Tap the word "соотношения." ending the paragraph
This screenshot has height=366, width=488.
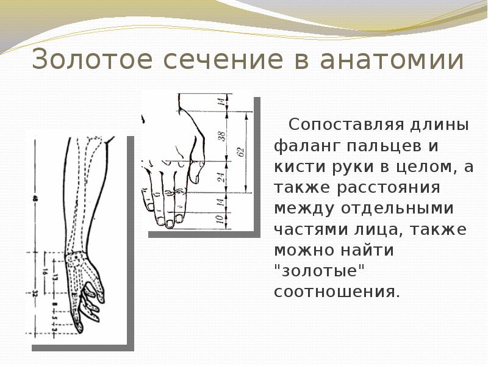[x=337, y=291]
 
